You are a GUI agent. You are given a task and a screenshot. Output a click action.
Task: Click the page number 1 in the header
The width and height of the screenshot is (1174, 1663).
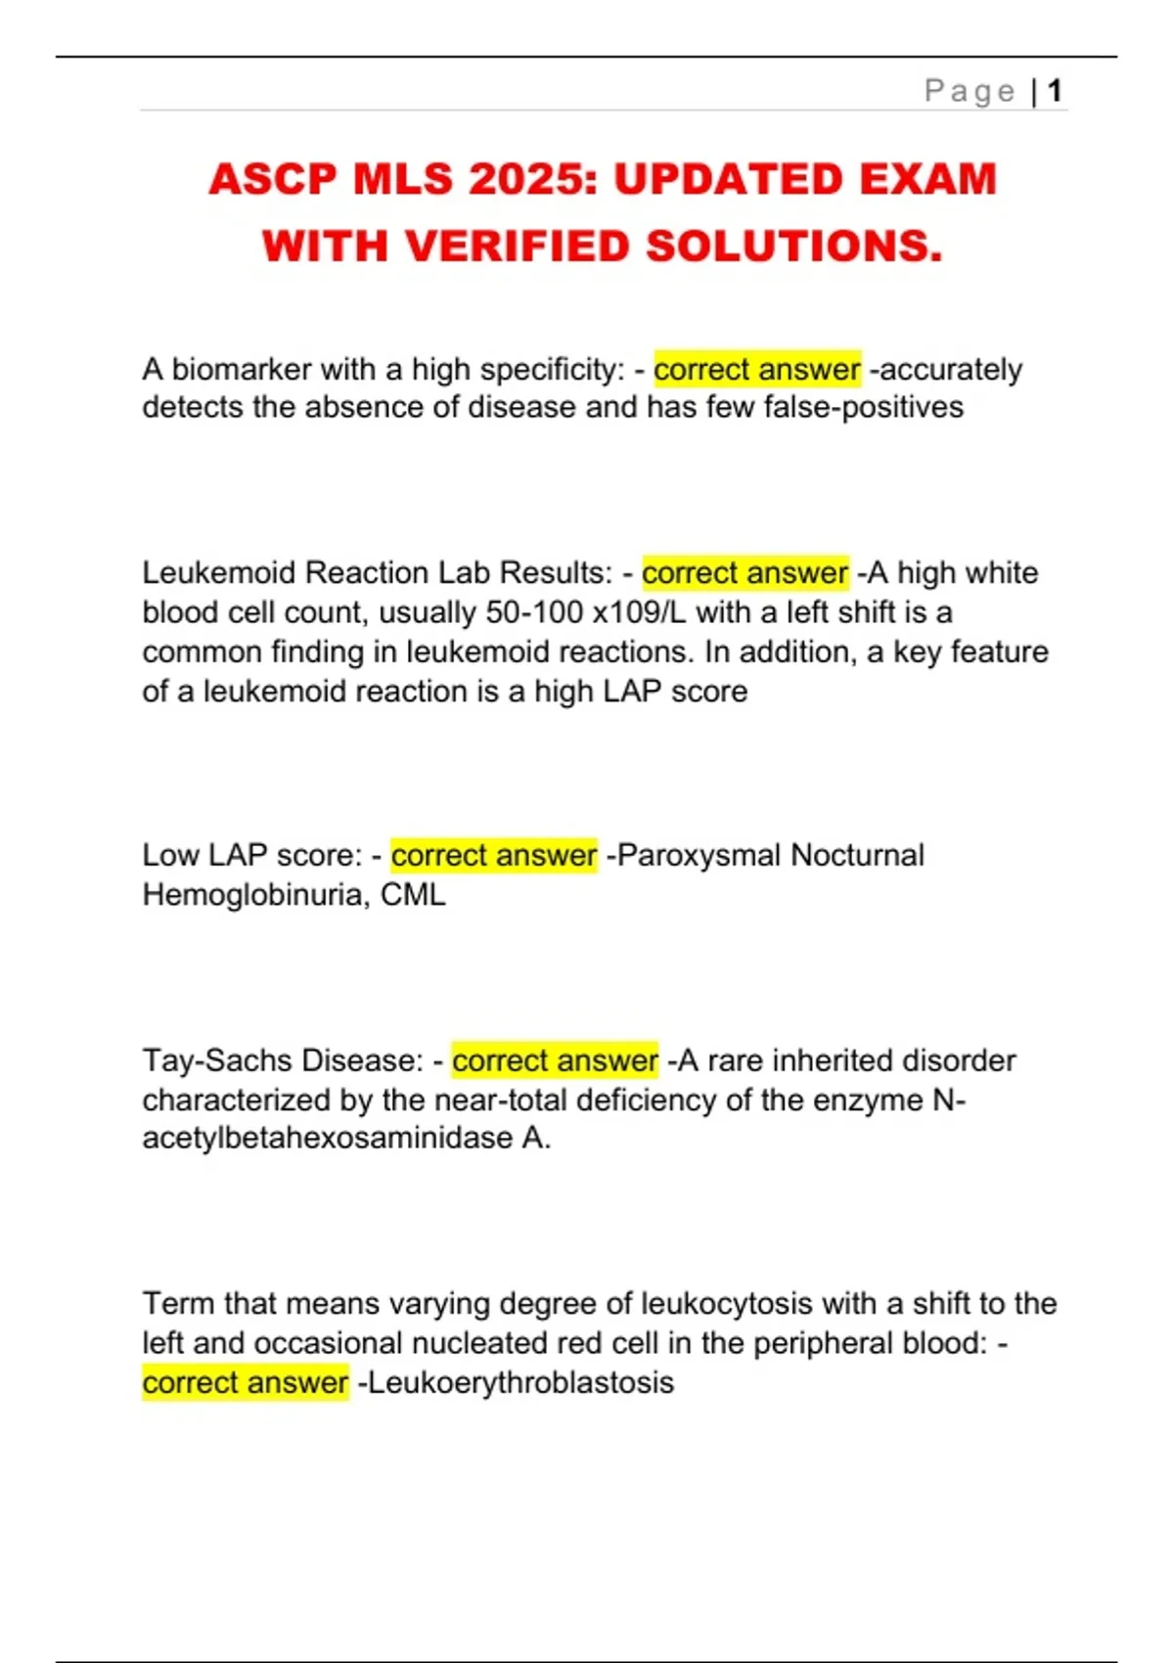pos(1055,91)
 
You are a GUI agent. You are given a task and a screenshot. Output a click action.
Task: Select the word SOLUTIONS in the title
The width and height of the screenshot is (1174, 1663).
pos(793,247)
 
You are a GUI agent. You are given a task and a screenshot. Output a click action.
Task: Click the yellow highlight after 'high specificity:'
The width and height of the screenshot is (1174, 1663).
pos(757,370)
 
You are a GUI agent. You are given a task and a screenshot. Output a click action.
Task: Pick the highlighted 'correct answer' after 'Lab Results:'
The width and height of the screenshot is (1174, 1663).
pos(745,572)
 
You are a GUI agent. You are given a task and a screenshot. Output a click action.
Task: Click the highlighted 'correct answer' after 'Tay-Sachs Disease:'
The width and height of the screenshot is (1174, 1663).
pos(555,1060)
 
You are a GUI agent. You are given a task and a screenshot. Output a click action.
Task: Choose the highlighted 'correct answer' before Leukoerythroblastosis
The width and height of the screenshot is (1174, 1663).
pos(246,1382)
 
